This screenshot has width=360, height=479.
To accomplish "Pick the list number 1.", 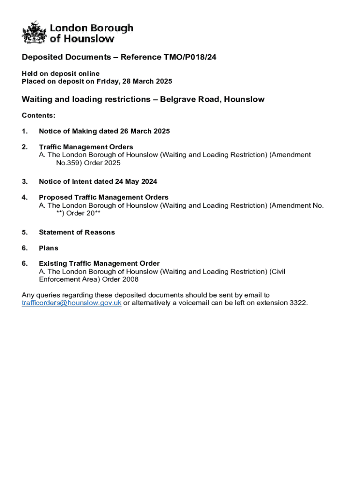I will tap(24, 131).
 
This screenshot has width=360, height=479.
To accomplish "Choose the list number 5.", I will tap(24, 232).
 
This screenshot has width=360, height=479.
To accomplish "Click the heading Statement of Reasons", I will tap(77, 232).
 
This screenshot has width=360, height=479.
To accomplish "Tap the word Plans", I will tap(49, 248).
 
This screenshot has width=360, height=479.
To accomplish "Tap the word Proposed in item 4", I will tap(55, 197).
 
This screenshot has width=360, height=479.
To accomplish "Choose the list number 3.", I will tap(24, 181).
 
